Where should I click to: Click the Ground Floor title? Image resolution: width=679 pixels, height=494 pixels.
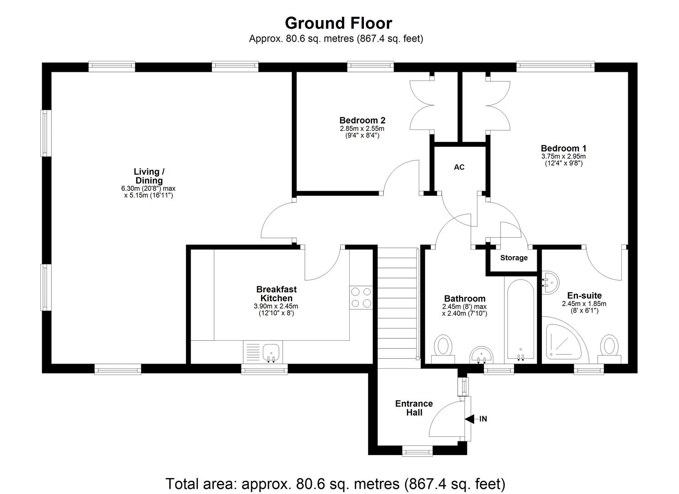click(x=338, y=23)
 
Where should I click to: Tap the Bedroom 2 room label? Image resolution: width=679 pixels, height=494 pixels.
click(x=362, y=120)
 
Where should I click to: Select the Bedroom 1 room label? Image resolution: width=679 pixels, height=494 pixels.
click(x=563, y=148)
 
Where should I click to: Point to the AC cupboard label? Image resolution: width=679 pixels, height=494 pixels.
click(x=459, y=167)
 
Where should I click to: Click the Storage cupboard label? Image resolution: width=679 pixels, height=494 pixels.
click(x=513, y=258)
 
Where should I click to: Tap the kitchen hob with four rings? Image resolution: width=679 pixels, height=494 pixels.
click(x=361, y=297)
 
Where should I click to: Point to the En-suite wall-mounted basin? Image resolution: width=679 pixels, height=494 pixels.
click(x=550, y=282)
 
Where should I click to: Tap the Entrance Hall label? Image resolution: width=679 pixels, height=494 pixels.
click(x=414, y=408)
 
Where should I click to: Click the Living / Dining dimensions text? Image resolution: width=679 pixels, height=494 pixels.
click(x=149, y=192)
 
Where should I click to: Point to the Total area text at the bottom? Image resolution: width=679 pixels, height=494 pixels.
click(x=335, y=483)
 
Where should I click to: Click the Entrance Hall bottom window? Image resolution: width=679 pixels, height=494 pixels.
click(x=417, y=451)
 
